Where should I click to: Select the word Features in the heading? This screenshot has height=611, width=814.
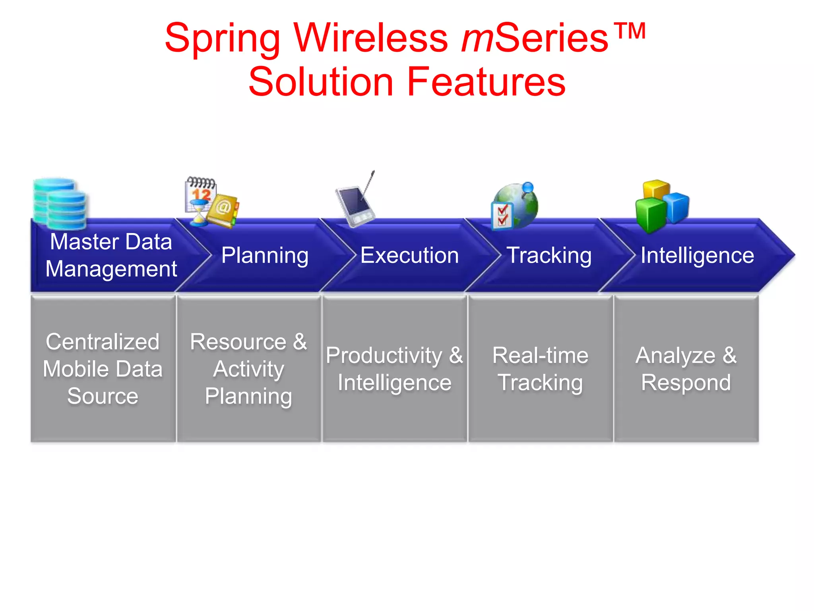(486, 82)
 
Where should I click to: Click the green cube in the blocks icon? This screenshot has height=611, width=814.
(651, 215)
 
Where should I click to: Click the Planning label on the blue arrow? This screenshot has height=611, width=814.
(265, 255)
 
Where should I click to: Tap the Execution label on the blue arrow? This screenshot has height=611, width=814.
(409, 255)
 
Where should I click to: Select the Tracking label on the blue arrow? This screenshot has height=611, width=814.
(549, 255)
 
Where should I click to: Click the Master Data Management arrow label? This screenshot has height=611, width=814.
(111, 255)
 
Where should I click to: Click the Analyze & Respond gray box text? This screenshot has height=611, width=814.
(686, 369)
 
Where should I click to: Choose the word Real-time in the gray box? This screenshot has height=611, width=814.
(540, 355)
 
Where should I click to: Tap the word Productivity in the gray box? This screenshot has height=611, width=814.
(384, 355)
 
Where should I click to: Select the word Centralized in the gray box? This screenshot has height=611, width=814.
(103, 342)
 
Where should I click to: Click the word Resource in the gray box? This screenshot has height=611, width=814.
(238, 342)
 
